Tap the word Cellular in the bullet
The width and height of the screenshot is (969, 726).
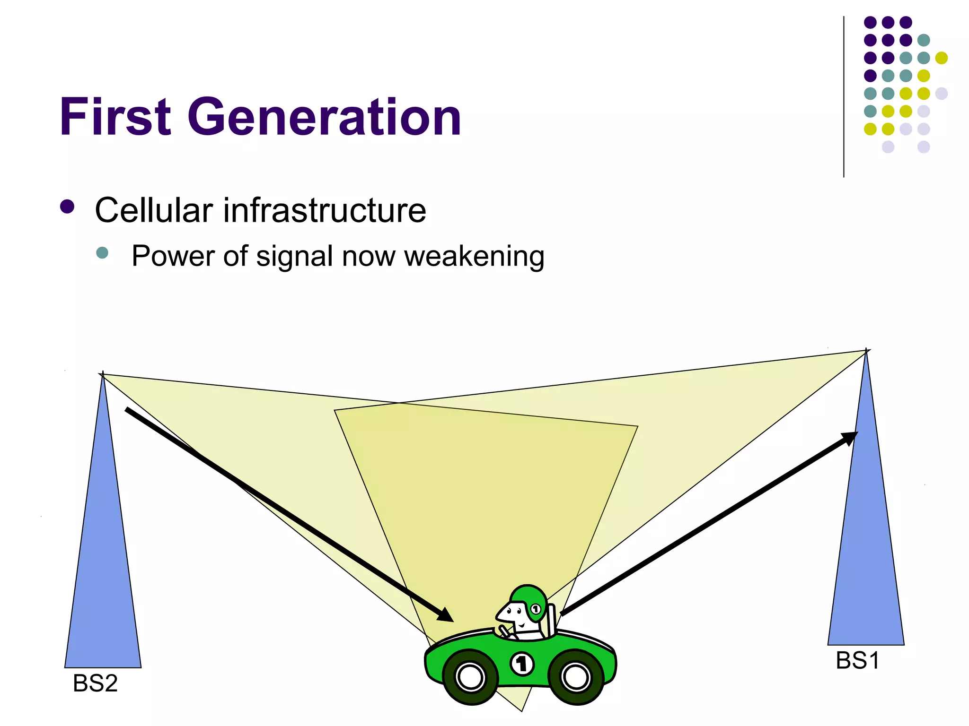click(x=154, y=210)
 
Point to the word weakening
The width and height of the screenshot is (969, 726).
click(x=474, y=257)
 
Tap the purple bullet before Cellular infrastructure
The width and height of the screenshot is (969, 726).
click(x=68, y=207)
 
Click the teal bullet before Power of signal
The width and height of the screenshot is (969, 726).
click(x=102, y=252)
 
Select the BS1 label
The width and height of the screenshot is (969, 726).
click(x=857, y=661)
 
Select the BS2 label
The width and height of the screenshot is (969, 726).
click(x=95, y=683)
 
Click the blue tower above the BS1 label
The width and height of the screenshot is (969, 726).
click(x=866, y=544)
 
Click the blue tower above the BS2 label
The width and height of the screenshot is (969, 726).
click(x=103, y=567)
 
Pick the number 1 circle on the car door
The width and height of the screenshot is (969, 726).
click(x=522, y=664)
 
